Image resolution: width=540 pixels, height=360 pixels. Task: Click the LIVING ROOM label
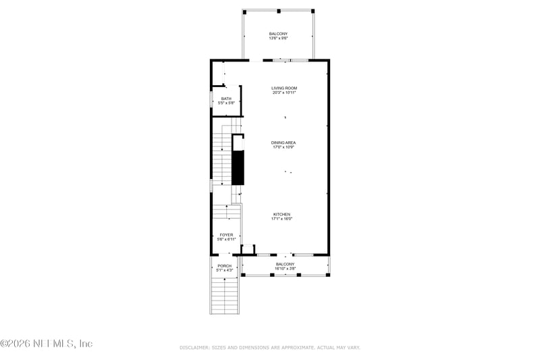click(284, 88)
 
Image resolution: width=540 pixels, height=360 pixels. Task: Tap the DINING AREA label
click(283, 143)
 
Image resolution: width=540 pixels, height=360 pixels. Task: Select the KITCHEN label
click(281, 214)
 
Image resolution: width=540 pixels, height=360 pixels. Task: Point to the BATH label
click(226, 99)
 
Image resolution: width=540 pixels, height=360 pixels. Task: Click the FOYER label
click(226, 235)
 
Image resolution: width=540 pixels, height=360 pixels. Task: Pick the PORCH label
click(224, 265)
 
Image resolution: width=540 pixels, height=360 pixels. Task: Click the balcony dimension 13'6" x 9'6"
click(279, 38)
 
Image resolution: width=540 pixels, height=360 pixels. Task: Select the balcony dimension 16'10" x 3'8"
click(286, 269)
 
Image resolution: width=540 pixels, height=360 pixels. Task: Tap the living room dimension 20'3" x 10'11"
click(284, 93)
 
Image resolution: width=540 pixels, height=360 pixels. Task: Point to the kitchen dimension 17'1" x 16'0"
click(281, 219)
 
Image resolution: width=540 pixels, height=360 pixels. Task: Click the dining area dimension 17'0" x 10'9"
click(283, 147)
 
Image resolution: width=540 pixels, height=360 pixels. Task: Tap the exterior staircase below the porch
click(225, 295)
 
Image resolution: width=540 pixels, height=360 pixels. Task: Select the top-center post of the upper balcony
click(278, 11)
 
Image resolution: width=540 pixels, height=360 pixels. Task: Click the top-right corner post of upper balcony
click(313, 11)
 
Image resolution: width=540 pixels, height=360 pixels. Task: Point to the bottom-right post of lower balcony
click(327, 275)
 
